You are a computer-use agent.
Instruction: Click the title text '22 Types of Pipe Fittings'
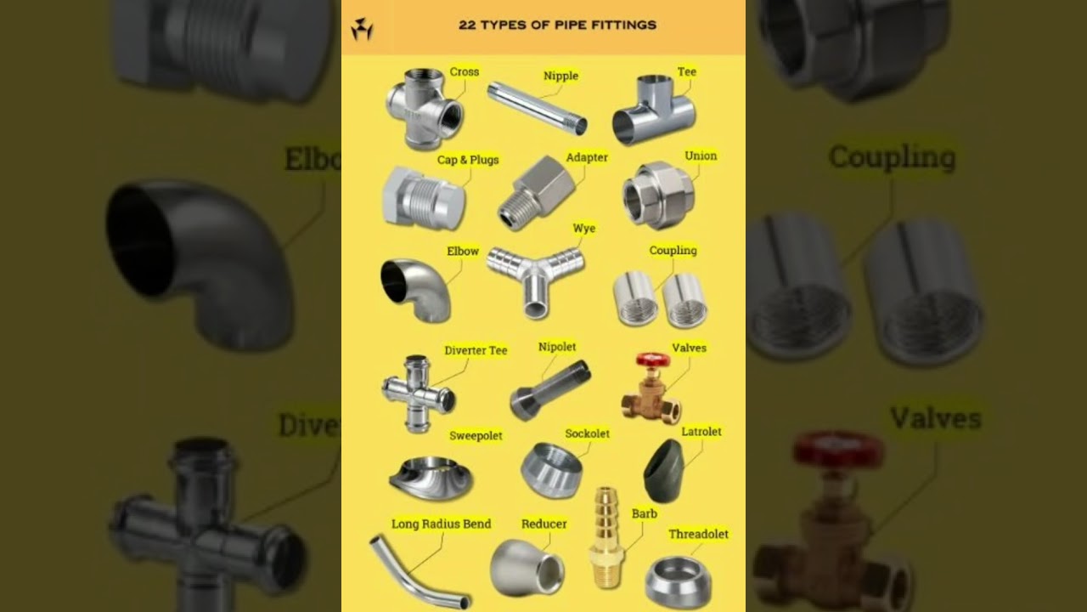(x=557, y=25)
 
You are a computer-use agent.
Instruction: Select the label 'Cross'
(x=465, y=72)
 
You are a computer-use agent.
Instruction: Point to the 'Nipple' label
(x=560, y=76)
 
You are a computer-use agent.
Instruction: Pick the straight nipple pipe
(x=537, y=108)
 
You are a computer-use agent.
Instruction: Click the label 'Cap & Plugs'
(x=468, y=160)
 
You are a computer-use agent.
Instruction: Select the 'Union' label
(x=701, y=156)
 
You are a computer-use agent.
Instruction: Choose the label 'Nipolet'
(x=557, y=347)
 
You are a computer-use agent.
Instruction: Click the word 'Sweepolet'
(x=476, y=435)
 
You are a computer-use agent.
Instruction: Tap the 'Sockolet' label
(x=587, y=433)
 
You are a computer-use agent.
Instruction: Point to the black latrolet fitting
(x=661, y=471)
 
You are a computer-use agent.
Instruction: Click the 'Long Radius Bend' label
(x=441, y=524)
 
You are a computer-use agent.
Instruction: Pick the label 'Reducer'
(x=543, y=524)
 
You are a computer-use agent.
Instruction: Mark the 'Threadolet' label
(x=698, y=534)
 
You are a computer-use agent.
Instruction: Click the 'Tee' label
(x=686, y=72)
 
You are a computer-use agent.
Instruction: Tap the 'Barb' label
(x=644, y=513)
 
